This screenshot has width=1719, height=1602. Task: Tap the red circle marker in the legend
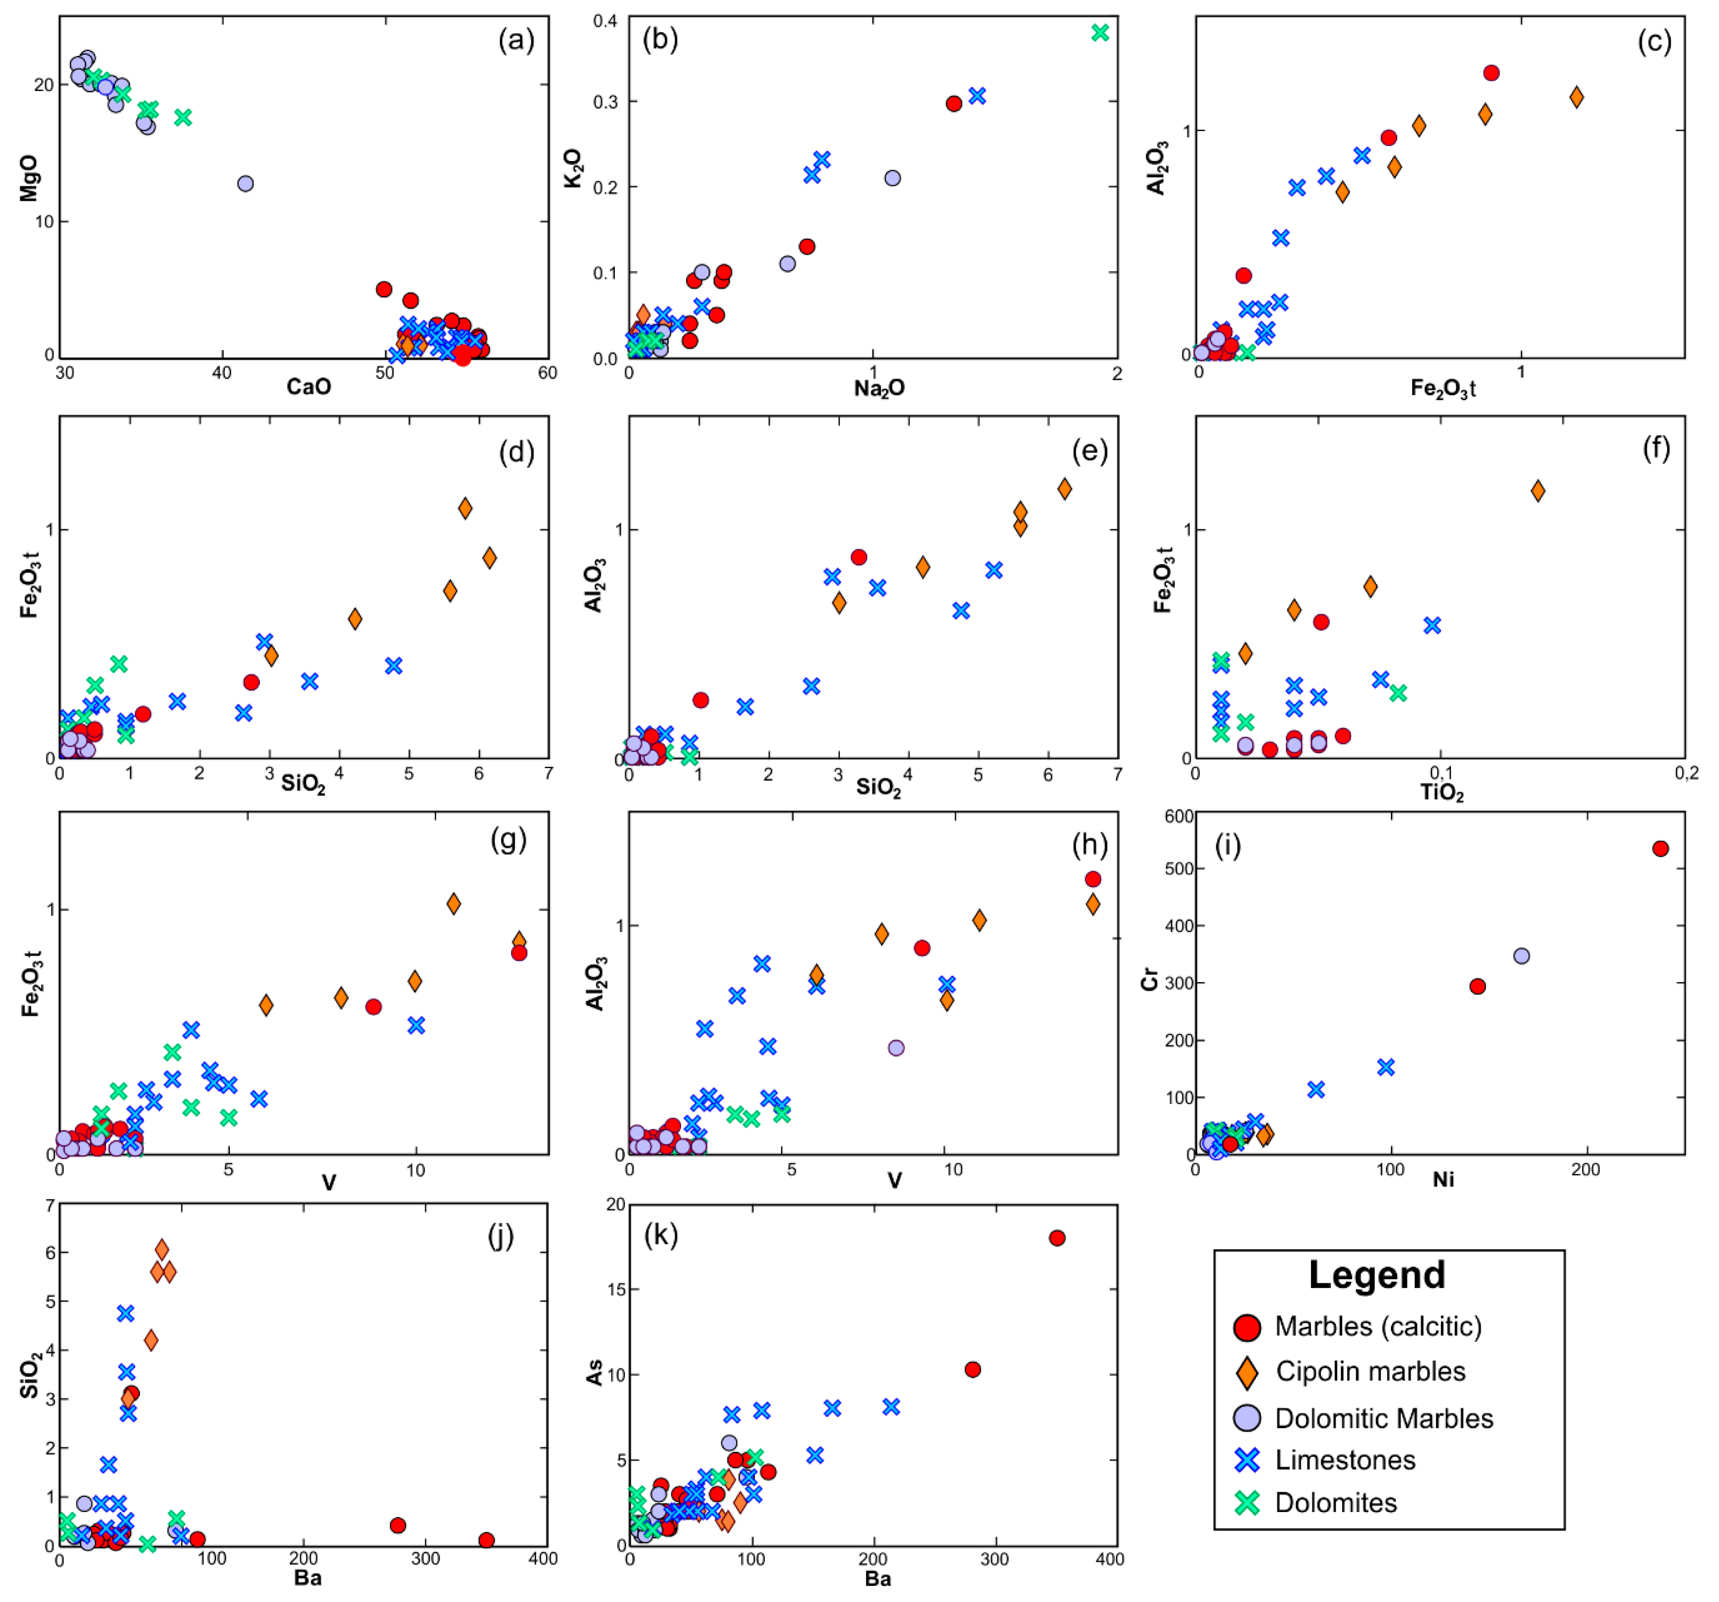(1246, 1327)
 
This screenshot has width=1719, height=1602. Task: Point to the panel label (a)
(516, 40)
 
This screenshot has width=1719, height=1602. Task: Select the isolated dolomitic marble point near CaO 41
(246, 183)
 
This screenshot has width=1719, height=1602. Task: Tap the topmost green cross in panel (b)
(1100, 33)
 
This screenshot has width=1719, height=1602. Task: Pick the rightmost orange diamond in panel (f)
(1537, 491)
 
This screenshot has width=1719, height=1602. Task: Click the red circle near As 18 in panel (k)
(1057, 1238)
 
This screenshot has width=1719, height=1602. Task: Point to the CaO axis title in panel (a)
(309, 386)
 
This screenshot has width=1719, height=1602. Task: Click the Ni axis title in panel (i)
(1442, 1179)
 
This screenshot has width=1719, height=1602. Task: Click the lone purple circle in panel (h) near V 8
(896, 1048)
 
